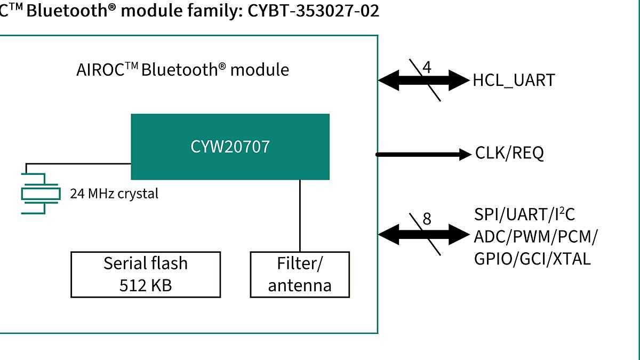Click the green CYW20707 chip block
[x=230, y=147]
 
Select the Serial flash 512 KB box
[x=146, y=274]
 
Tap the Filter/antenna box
[x=300, y=274]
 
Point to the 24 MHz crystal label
[x=114, y=194]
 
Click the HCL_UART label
[x=513, y=81]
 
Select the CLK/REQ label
[x=509, y=154]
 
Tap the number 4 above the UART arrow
[x=427, y=68]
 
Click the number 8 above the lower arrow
[x=427, y=219]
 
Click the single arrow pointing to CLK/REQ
[x=421, y=155]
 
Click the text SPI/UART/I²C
[x=524, y=215]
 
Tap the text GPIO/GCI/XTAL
[x=532, y=259]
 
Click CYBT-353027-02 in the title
[x=314, y=10]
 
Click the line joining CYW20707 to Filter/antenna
[x=300, y=215]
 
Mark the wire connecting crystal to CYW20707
[x=80, y=163]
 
